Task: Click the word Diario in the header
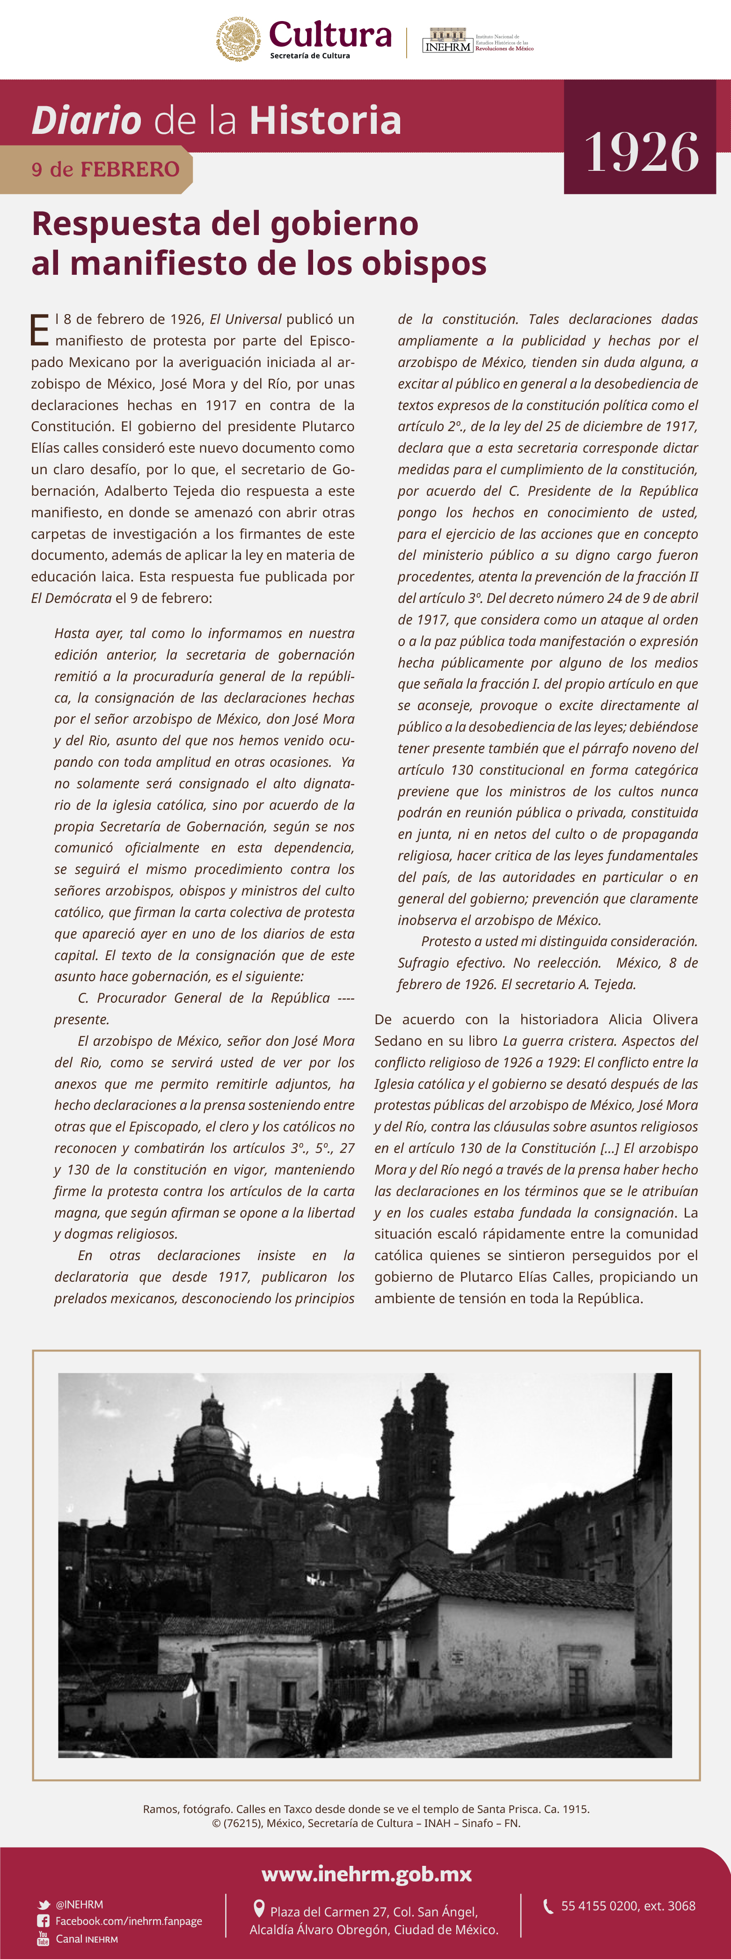point(87,121)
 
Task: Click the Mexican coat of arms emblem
point(238,39)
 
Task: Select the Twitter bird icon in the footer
point(44,1904)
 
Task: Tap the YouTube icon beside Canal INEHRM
point(44,1938)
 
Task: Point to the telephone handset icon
point(548,1906)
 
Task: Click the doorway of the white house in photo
point(577,1689)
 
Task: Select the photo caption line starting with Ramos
point(366,1809)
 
